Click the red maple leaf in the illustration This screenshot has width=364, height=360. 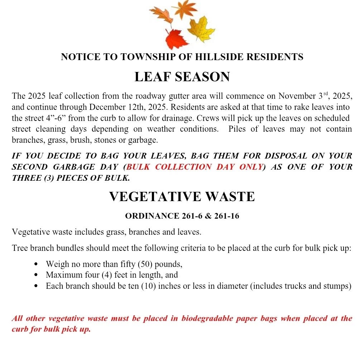[x=176, y=38]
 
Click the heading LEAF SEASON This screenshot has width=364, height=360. [x=182, y=77]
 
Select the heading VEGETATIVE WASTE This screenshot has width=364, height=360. [x=182, y=196]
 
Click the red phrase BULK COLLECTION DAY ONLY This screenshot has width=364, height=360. [x=195, y=167]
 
